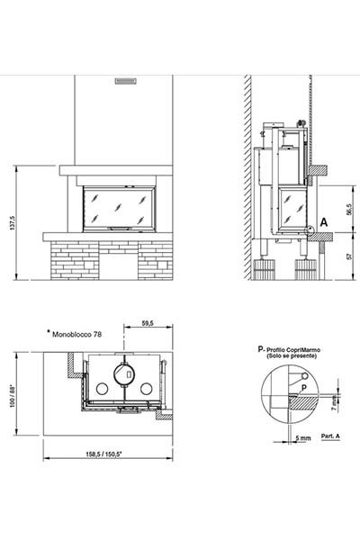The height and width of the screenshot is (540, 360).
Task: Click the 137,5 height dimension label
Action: tap(13, 223)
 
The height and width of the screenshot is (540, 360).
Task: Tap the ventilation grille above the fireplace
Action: tap(125, 81)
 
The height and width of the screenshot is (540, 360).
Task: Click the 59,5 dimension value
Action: tap(148, 323)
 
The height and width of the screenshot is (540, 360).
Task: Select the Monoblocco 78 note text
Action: tap(76, 334)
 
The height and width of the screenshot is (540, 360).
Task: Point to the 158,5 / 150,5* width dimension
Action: tap(103, 454)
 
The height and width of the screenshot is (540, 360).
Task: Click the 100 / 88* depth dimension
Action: tap(13, 396)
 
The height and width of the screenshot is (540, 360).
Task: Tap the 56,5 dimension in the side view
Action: tap(350, 210)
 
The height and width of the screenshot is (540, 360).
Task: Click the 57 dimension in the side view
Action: tap(350, 256)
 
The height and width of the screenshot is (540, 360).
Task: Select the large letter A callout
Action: tap(323, 222)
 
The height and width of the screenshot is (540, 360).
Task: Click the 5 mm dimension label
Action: tap(303, 438)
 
